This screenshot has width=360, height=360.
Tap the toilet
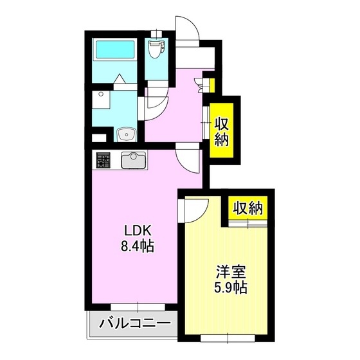(155, 50)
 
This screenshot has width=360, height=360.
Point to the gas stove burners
(104, 159)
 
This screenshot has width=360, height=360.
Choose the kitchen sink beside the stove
(132, 159)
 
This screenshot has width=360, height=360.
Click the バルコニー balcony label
(134, 325)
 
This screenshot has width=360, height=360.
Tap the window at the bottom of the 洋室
(228, 337)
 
